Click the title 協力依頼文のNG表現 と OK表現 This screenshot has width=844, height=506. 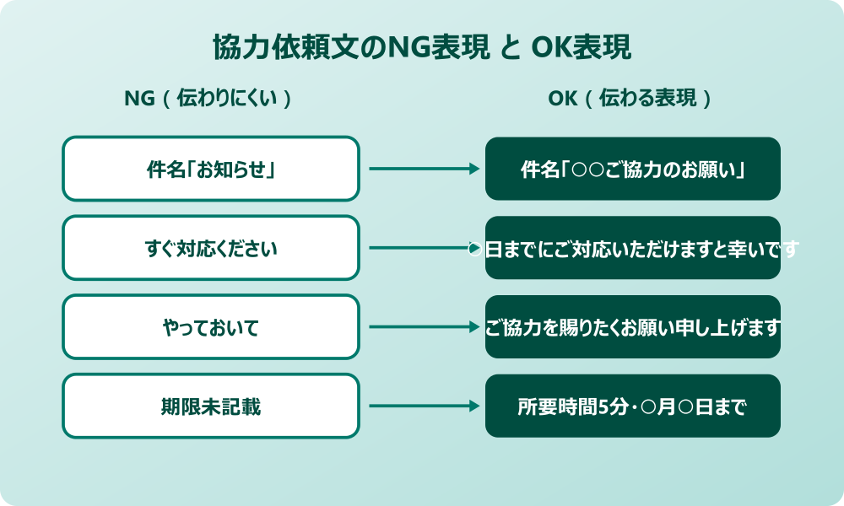[422, 48]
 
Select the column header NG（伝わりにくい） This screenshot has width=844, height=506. [209, 99]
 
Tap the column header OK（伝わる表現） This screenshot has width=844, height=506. [631, 99]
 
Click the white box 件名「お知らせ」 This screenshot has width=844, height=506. [211, 169]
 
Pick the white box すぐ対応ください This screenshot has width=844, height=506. [211, 248]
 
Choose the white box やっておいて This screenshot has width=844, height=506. [211, 326]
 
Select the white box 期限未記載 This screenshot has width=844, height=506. [211, 406]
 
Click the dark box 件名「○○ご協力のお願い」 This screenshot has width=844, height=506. [633, 169]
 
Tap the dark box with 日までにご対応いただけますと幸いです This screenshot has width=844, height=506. [633, 248]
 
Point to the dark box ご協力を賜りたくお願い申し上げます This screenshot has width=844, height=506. [633, 326]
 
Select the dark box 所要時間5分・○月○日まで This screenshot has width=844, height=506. [633, 406]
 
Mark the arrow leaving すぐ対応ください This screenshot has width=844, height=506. [418, 248]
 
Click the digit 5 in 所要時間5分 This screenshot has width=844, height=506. [603, 406]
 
